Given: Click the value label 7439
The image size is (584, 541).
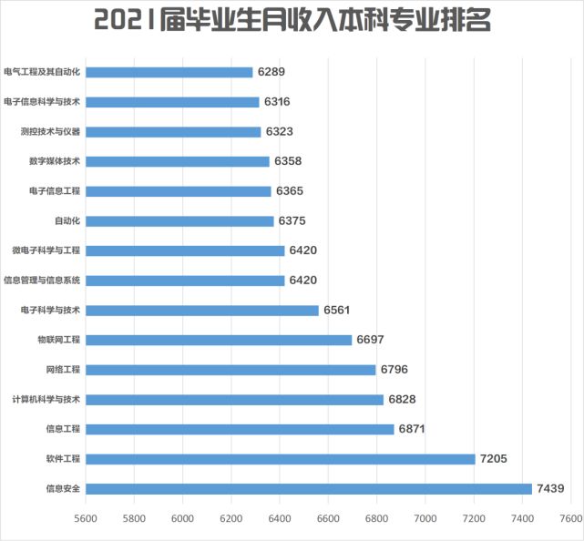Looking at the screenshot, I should coord(550,488).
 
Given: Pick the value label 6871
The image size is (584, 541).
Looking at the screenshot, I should coord(413,429).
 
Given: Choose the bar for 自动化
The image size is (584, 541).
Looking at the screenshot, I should coord(179,220).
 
